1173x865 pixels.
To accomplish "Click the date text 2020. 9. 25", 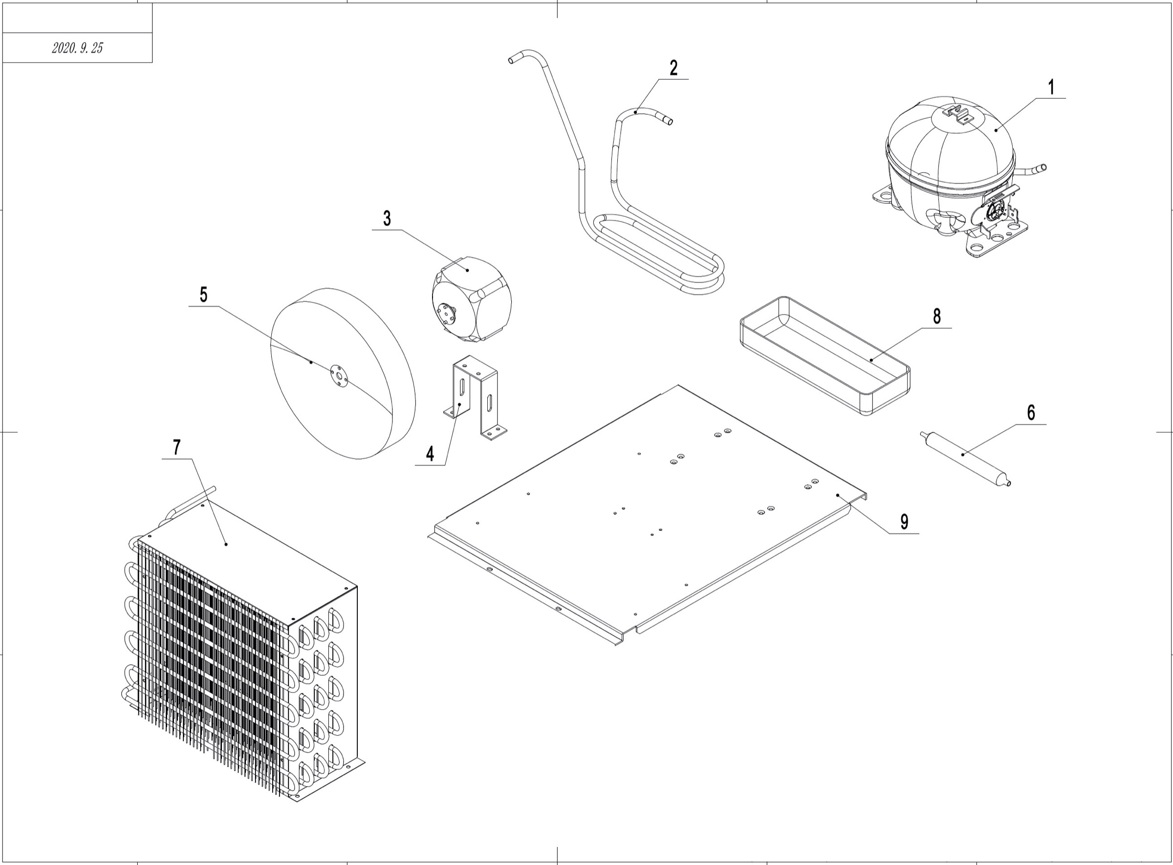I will coord(78,48).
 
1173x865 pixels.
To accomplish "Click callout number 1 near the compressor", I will coord(1050,88).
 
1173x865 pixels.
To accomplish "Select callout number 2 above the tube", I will coord(673,68).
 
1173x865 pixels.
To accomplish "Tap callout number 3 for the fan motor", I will coord(387,218).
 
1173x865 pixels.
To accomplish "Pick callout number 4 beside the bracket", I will coord(430,454).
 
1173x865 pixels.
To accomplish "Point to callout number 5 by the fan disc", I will coord(203,295).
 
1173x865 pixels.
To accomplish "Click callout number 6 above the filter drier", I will coord(1030,413).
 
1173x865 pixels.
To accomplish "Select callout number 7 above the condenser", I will coord(176,448).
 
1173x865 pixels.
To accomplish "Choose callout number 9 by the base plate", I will coord(904,522).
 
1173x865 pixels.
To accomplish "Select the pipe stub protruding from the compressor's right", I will coord(1035,169).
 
